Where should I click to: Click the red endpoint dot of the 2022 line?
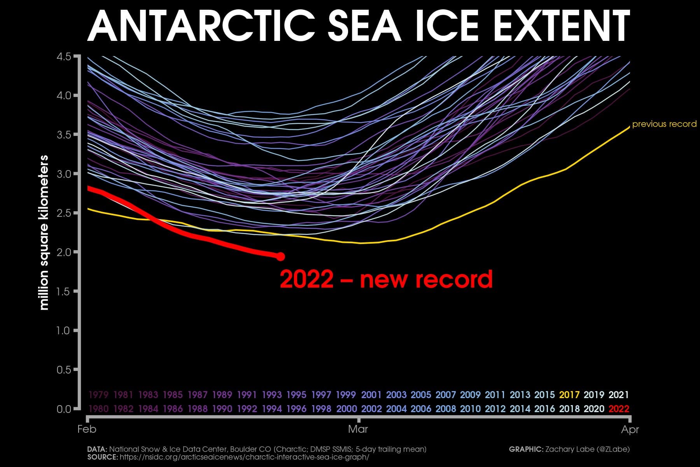tap(280, 256)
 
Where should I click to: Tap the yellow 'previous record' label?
tap(664, 124)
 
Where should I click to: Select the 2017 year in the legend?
tap(569, 395)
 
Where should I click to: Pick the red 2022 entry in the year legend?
tap(619, 409)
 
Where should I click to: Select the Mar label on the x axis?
tap(358, 430)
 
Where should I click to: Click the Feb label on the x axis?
tap(87, 430)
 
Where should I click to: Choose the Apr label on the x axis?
tap(630, 430)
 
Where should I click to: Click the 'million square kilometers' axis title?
tap(44, 233)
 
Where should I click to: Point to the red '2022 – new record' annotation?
tap(386, 279)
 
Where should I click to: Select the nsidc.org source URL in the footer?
tap(244, 457)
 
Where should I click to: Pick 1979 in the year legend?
tap(98, 395)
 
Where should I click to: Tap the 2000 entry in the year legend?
tap(346, 409)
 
